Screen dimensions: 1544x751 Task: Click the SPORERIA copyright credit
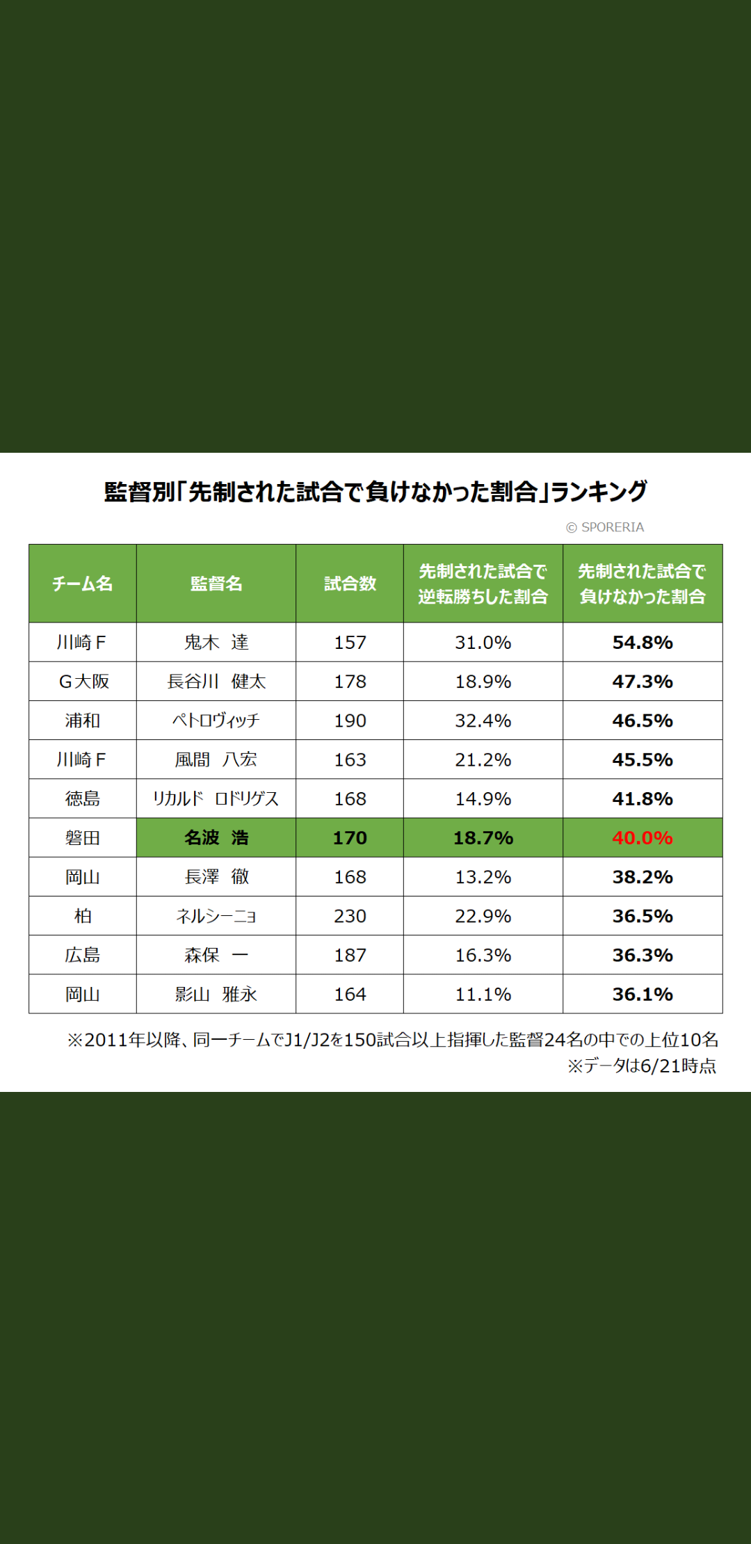coord(605,527)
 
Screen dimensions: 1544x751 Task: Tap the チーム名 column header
coord(82,584)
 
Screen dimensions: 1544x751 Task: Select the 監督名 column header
coord(216,584)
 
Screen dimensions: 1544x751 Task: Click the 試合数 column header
coord(350,584)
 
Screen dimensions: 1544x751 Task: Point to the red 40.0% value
coord(643,838)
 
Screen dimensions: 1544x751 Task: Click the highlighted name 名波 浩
coord(216,838)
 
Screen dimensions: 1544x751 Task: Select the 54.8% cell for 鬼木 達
coord(643,643)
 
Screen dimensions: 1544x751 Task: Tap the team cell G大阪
coord(83,682)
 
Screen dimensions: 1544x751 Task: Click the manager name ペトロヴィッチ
coord(216,721)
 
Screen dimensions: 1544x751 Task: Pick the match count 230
coord(350,916)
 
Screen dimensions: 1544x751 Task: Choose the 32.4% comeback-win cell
coord(483,721)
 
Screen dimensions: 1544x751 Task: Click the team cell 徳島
coord(82,798)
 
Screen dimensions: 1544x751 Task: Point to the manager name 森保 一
coord(216,955)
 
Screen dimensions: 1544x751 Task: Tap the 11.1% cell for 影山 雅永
coord(483,995)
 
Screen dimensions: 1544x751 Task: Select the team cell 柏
coord(82,916)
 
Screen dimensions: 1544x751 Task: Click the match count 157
coord(350,643)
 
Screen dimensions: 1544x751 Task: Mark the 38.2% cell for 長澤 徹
coord(643,877)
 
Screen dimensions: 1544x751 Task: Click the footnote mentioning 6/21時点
coord(641,1066)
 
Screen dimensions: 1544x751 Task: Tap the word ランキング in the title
coord(599,492)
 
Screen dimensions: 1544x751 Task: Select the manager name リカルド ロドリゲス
coord(216,798)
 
